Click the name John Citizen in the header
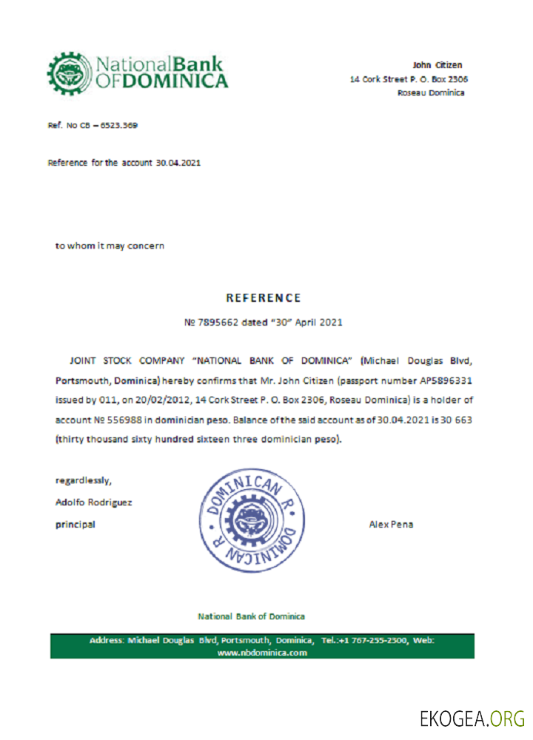438,65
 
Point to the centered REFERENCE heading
264,298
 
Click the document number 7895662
222,323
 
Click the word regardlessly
84,480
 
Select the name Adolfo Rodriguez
94,502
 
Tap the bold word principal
76,525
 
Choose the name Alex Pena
391,525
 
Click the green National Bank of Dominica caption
251,616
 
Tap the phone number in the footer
375,640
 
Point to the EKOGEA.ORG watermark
472,718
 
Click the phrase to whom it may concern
110,246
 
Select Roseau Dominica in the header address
431,92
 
